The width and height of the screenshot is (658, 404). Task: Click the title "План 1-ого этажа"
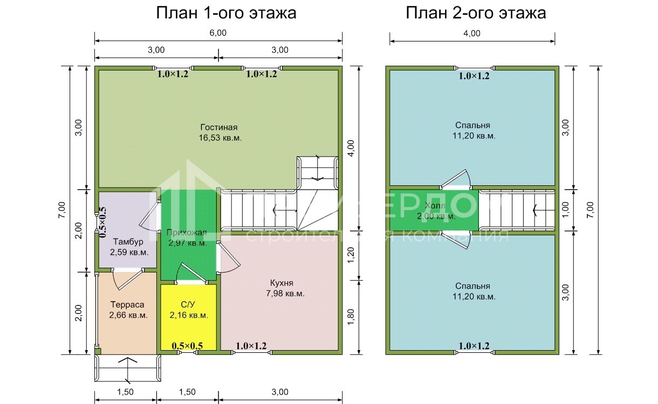(x=226, y=13)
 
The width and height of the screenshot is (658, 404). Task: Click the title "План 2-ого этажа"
(x=476, y=13)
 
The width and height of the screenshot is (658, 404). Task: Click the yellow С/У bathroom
(x=188, y=310)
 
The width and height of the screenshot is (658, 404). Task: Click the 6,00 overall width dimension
(x=218, y=33)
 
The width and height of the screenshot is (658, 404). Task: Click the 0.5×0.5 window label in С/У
(x=187, y=346)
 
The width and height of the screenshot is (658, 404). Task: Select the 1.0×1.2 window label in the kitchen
(x=251, y=346)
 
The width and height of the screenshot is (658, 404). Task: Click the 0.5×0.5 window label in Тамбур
(x=102, y=222)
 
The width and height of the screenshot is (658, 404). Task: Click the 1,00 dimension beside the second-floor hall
(x=565, y=210)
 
